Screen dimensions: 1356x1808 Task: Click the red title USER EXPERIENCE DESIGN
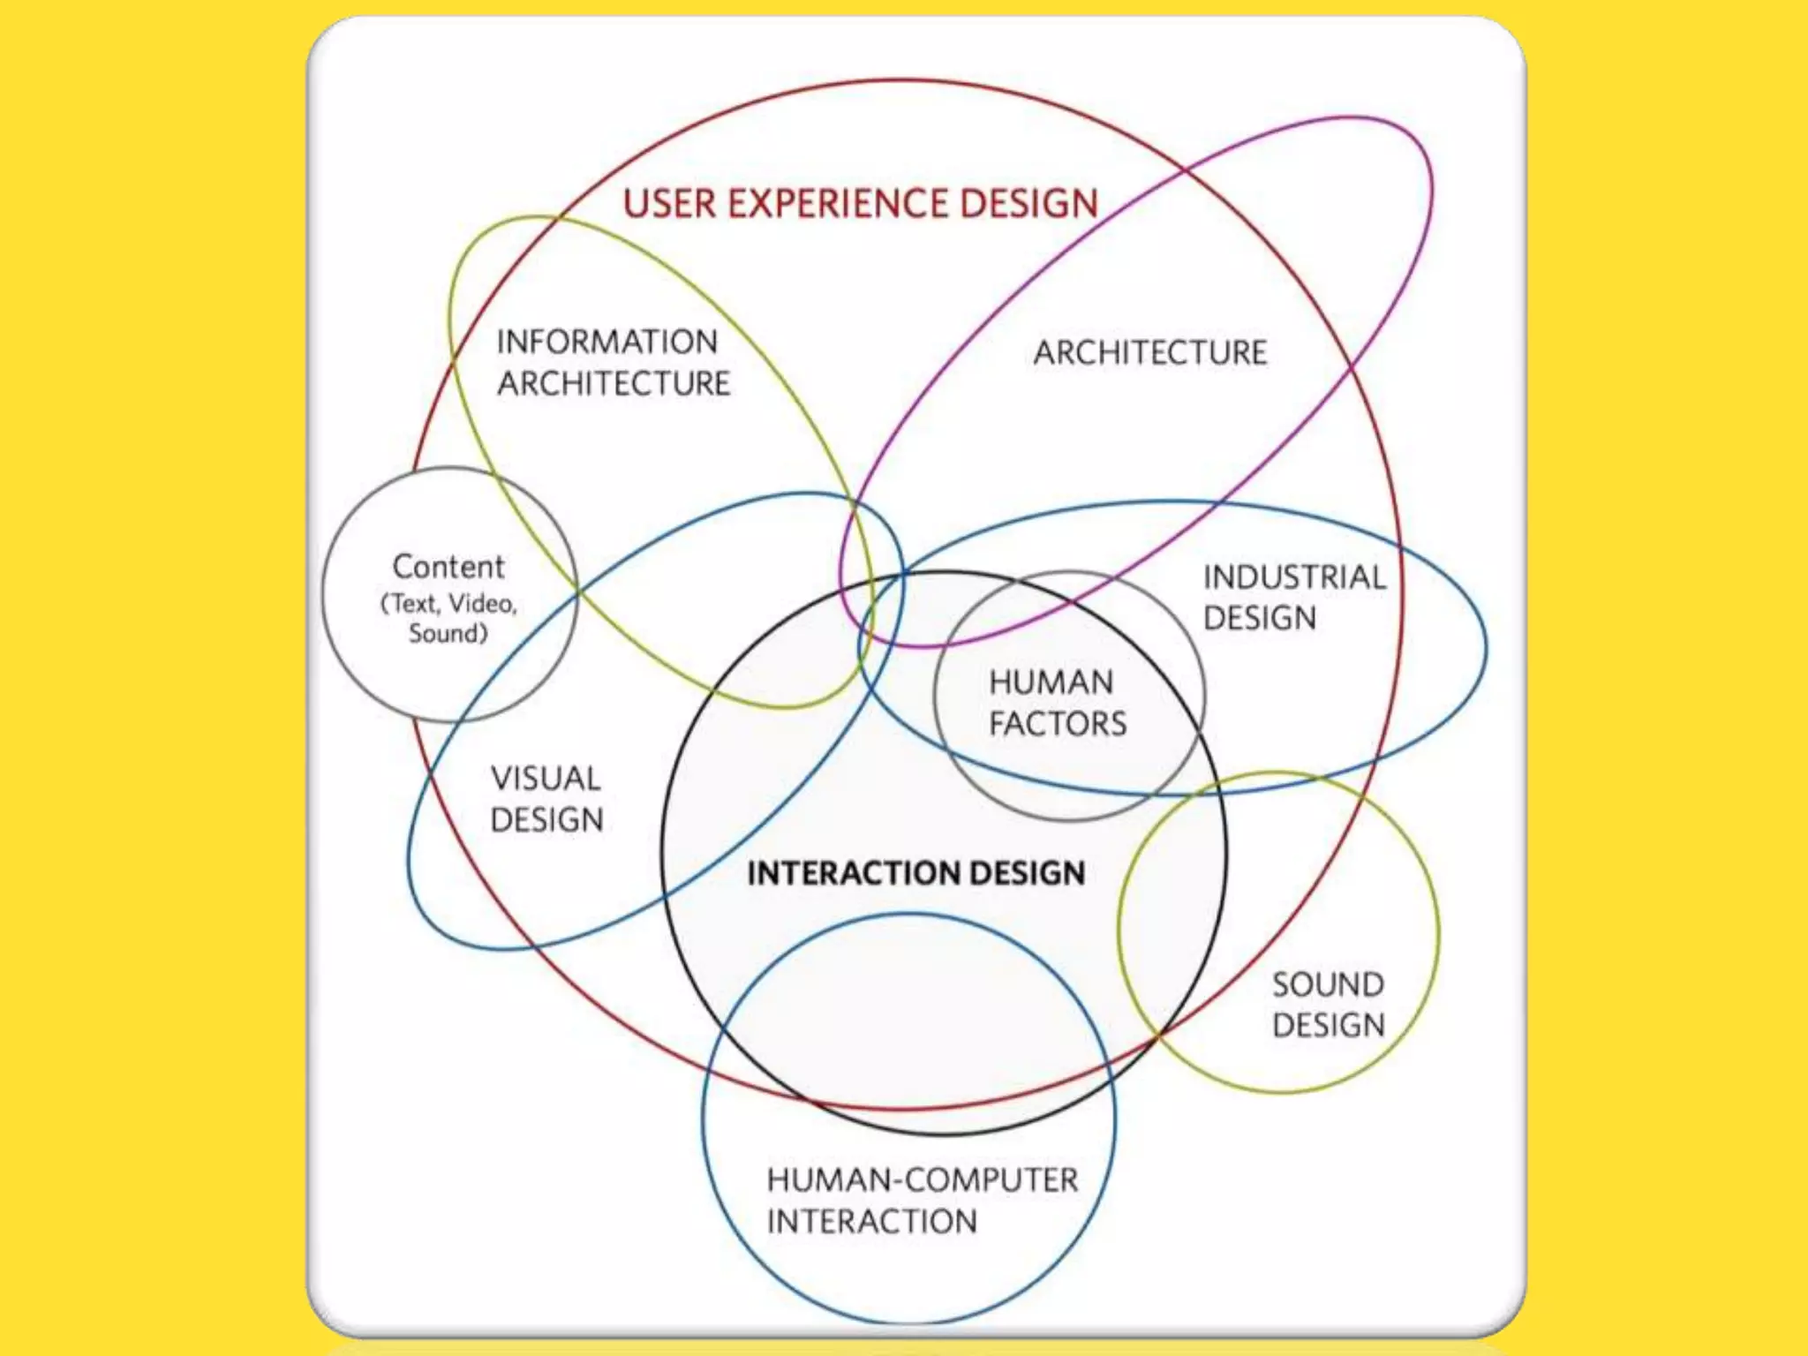860,203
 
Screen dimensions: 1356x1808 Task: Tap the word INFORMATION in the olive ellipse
607,342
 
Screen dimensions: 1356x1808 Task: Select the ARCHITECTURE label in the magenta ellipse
1150,352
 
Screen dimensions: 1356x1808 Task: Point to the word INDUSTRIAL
1294,577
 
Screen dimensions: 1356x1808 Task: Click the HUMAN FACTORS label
1057,703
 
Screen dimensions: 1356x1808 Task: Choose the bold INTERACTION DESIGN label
915,873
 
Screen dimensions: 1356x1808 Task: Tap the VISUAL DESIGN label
546,799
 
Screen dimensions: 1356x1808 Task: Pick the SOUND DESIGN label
1328,1005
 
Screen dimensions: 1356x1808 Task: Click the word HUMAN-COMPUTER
922,1180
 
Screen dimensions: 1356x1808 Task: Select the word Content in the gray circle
448,566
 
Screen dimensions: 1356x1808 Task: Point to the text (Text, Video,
448,604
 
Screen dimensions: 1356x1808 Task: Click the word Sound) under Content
448,633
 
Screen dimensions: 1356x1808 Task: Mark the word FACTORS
1058,724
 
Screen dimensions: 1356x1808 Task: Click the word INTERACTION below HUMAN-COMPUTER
871,1222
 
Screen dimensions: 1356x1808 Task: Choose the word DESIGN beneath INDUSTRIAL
1260,618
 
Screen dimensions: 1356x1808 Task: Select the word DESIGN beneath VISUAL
546,820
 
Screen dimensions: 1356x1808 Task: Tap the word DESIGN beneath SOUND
1328,1025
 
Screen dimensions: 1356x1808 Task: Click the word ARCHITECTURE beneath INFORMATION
614,383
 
